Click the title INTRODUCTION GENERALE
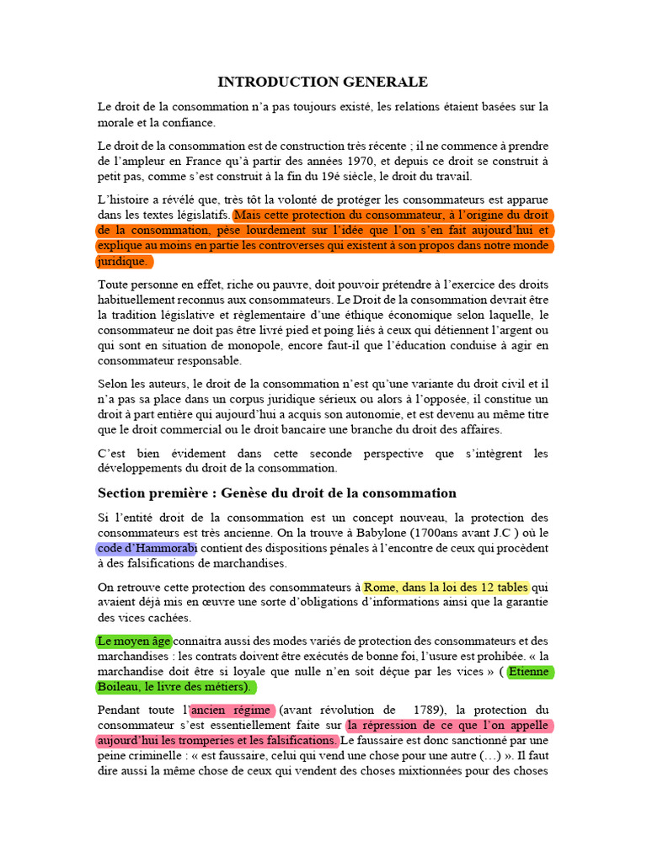[323, 82]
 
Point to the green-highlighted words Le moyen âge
[134, 641]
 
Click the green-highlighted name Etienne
[531, 671]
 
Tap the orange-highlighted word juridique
[123, 261]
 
